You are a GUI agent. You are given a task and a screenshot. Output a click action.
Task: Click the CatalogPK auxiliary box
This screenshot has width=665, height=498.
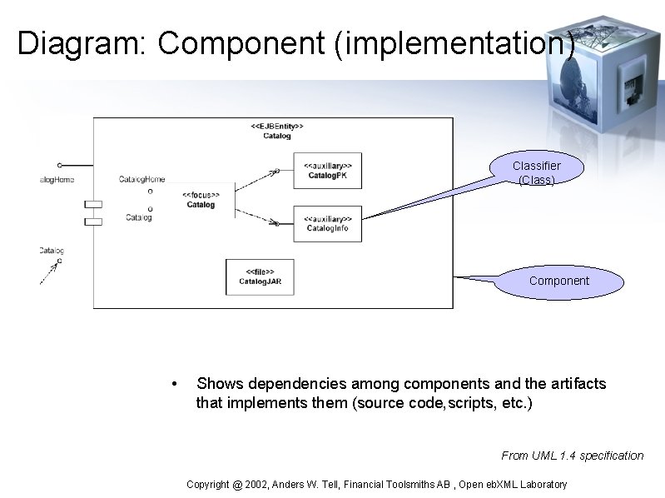pos(328,169)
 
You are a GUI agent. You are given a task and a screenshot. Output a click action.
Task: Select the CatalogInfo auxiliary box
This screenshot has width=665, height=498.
pos(328,223)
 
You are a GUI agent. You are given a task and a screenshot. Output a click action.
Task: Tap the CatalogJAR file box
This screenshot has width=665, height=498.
pos(260,276)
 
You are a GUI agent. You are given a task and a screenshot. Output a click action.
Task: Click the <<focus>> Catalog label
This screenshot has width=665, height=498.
pos(201,199)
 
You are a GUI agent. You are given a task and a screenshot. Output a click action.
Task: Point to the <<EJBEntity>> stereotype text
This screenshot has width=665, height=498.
pos(277,126)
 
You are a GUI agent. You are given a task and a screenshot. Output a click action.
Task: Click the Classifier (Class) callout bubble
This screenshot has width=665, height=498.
pos(536,172)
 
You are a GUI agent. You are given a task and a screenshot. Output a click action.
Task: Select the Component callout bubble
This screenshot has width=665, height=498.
pos(558,281)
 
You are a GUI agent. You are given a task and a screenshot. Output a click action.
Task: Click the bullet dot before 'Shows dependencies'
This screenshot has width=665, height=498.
pos(172,385)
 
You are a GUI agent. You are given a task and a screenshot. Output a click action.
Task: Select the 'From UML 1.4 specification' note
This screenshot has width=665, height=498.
pos(572,456)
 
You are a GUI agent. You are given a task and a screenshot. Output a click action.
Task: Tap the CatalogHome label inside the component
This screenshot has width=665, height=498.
pos(141,179)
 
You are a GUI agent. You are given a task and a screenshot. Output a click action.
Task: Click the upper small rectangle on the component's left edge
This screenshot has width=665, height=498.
pos(93,204)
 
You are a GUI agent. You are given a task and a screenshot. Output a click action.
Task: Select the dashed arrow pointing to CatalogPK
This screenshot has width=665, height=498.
pos(257,177)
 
